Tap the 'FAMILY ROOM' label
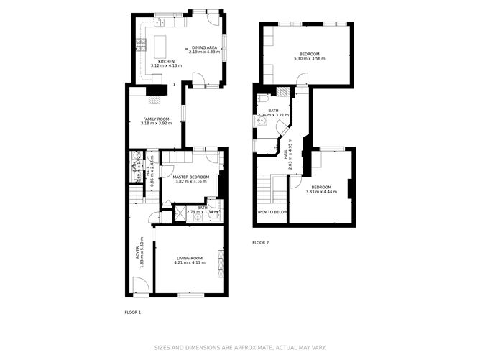pyautogui.click(x=156, y=119)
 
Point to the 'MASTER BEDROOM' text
pyautogui.click(x=190, y=177)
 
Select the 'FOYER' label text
pyautogui.click(x=138, y=253)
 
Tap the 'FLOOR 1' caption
pyautogui.click(x=133, y=313)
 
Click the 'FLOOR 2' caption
pyautogui.click(x=260, y=243)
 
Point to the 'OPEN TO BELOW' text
pyautogui.click(x=272, y=213)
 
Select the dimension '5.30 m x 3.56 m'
pyautogui.click(x=310, y=59)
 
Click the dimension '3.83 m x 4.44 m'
pyautogui.click(x=321, y=192)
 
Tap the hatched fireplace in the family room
pyautogui.click(x=153, y=91)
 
